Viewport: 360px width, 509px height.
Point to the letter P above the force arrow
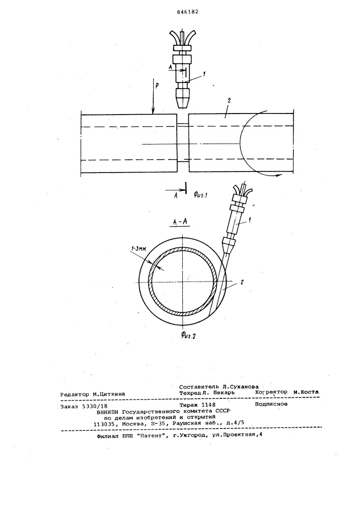coord(157,86)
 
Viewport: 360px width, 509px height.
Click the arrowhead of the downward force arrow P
coord(152,111)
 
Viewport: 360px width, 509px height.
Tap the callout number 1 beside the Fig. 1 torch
coord(204,74)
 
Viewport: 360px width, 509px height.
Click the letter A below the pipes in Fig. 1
coord(176,195)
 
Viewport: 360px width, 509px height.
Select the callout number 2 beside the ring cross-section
coord(241,282)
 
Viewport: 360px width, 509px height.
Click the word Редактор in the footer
coord(75,394)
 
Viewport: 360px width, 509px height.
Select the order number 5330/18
coord(96,406)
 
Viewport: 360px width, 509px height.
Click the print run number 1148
coord(208,405)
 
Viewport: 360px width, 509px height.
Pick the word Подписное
coord(271,404)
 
